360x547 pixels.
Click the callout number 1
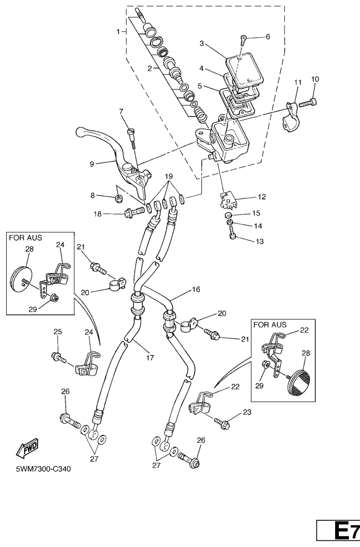point(118,32)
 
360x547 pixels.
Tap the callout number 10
point(315,79)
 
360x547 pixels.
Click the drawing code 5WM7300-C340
point(43,469)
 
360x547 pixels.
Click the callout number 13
point(259,242)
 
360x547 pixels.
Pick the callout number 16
point(196,290)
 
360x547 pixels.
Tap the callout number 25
point(57,332)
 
